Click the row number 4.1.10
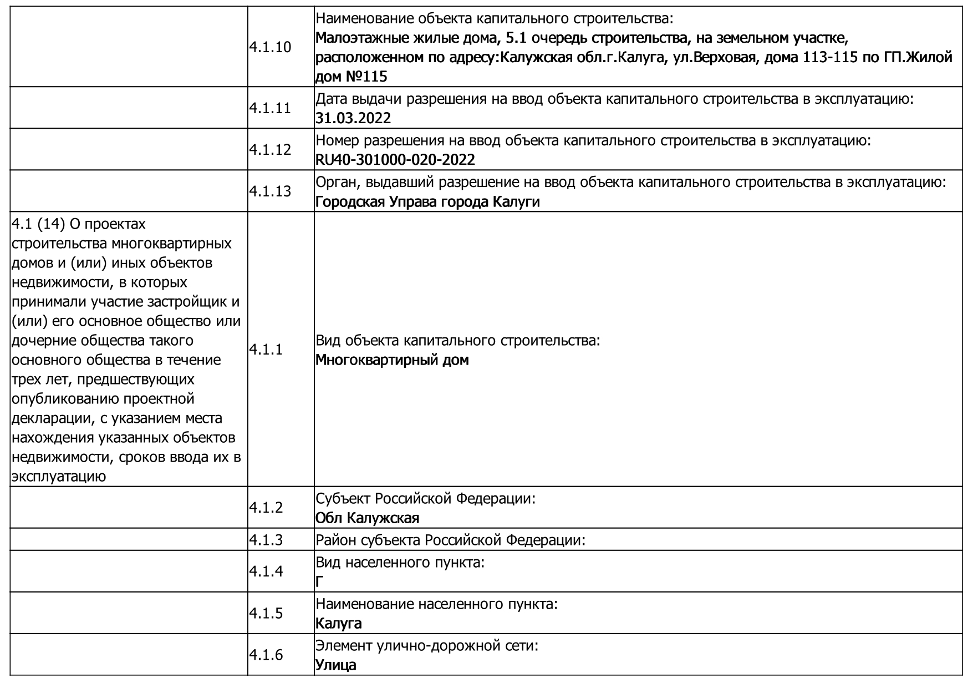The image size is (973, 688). point(270,47)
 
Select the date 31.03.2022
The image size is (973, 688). point(353,118)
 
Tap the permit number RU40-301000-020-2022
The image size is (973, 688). point(395,160)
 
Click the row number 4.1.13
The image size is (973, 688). point(270,191)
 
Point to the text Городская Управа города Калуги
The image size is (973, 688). point(427,201)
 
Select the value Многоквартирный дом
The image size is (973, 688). point(392,360)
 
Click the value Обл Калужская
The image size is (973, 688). point(367,518)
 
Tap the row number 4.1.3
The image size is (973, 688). point(266,540)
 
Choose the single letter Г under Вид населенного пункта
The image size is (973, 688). point(319,581)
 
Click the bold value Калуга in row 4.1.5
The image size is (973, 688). point(338,624)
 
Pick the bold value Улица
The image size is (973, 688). point(335,665)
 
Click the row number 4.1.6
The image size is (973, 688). point(266,655)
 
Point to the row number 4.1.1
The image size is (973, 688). point(266,350)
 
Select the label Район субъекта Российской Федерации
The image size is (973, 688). point(450,540)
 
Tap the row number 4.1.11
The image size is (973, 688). point(270,108)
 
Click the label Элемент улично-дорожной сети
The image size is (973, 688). point(427,646)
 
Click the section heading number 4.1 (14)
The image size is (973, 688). point(38,224)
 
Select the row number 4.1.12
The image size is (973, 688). point(270,150)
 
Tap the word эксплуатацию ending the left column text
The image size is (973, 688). point(59,477)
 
